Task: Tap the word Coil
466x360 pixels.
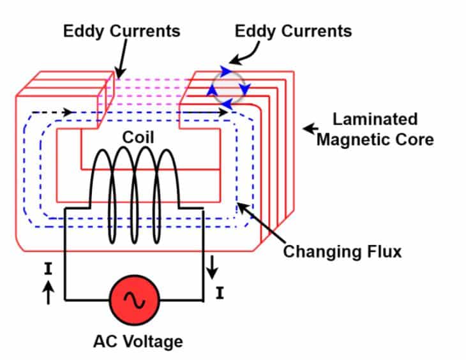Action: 138,137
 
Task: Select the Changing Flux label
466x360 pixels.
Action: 342,251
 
